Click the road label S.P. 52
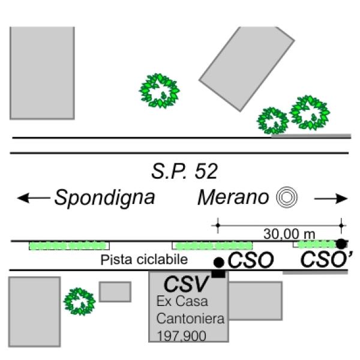coord(184,171)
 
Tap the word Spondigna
coord(104,197)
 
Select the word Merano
coord(233,197)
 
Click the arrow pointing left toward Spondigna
coord(34,198)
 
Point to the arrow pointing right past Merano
coord(331,199)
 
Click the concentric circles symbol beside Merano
coord(287,197)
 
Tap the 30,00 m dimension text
coord(289,234)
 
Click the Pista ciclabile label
coord(144,260)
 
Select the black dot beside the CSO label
coord(219,262)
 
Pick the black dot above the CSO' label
coord(341,244)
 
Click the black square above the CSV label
coord(218,274)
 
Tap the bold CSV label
coord(186,284)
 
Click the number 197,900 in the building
coord(181,336)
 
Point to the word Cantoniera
coord(190,319)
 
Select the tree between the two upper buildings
coord(160,91)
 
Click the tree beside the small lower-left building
coord(79,301)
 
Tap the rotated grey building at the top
coord(247,69)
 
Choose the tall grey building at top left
coord(42,73)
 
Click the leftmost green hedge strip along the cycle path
coord(69,246)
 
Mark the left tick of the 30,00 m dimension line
coord(218,226)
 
